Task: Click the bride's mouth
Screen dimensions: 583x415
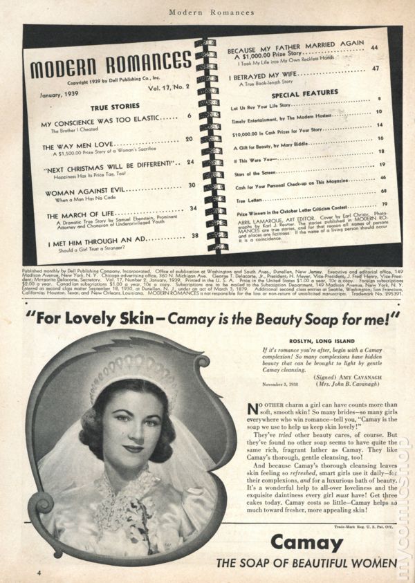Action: (x=133, y=448)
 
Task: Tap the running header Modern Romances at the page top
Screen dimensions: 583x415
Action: (x=207, y=12)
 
